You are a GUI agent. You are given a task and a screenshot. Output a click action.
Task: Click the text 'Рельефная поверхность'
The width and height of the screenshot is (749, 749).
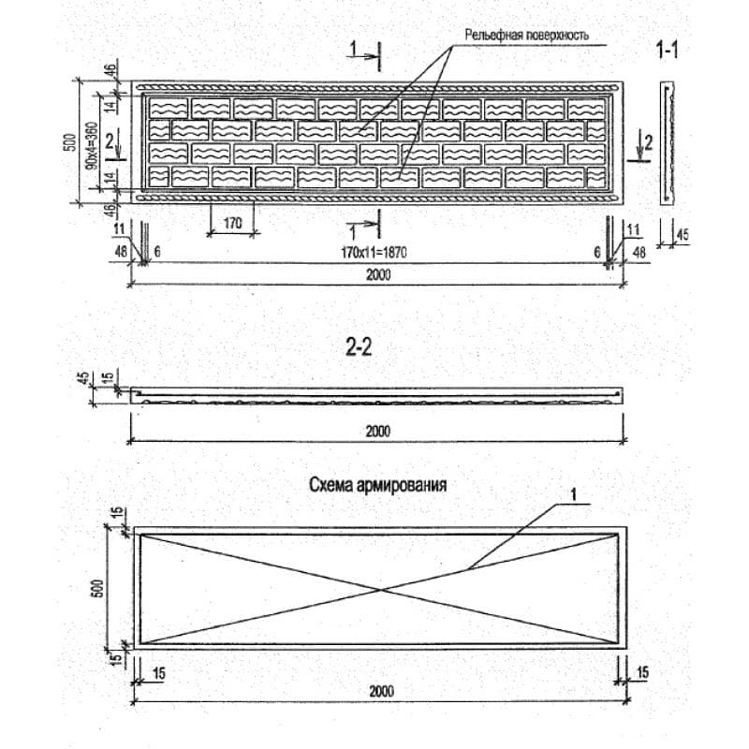[x=527, y=35]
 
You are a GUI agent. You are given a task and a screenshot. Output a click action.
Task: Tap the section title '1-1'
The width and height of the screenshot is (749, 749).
[x=667, y=50]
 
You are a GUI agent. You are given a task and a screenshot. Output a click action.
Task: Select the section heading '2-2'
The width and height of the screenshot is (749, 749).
[x=359, y=347]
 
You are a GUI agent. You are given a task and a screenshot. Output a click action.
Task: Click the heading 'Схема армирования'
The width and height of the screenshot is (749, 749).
[x=378, y=485]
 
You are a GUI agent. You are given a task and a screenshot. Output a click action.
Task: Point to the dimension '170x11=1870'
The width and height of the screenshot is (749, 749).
[x=374, y=252]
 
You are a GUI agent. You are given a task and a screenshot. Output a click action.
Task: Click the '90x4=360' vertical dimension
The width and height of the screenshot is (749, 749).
[x=92, y=146]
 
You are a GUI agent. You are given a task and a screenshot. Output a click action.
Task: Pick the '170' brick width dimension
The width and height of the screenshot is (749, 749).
[x=232, y=223]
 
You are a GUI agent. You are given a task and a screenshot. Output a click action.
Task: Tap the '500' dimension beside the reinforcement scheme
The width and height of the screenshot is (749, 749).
[x=96, y=589]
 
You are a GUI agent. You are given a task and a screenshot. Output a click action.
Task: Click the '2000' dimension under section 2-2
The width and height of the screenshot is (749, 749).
[x=378, y=432]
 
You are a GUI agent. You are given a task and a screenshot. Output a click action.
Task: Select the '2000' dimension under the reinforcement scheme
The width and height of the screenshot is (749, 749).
[x=381, y=691]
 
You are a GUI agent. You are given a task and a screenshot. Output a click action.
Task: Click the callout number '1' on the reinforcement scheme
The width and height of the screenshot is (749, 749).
[x=574, y=495]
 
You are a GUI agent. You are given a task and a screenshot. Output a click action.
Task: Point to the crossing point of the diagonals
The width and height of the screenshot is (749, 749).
[x=381, y=590]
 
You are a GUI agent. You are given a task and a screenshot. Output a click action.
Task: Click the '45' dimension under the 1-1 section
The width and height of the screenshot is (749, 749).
[x=683, y=235]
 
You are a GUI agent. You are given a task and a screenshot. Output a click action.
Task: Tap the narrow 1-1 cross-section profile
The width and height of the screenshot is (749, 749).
[x=667, y=143]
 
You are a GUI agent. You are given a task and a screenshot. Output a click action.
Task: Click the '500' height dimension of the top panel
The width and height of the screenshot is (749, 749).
[x=69, y=142]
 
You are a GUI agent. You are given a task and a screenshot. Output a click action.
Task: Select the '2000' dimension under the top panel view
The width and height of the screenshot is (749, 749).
[x=378, y=274]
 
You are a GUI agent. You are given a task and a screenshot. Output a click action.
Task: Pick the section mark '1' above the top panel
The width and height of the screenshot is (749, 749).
[x=353, y=48]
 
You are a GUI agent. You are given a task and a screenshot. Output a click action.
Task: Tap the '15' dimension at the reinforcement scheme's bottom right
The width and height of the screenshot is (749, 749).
[x=642, y=672]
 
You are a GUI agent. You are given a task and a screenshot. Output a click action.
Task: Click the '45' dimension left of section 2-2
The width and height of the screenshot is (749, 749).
[x=84, y=378]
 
